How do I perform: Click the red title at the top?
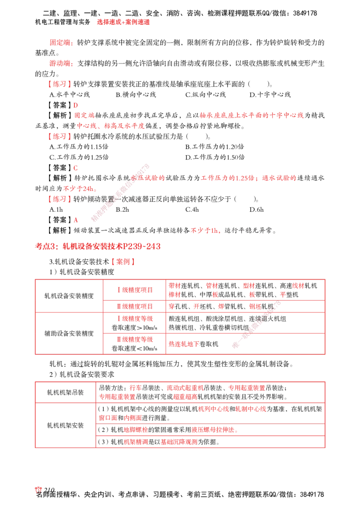click(x=123, y=22)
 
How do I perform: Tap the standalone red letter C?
click(x=76, y=168)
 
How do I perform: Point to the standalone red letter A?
click(x=76, y=220)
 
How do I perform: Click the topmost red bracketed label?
click(x=59, y=84)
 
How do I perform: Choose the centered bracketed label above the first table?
click(x=124, y=261)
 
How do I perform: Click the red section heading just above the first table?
click(x=98, y=247)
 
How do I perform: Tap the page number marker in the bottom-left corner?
click(x=39, y=490)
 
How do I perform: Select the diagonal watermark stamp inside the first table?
click(x=255, y=325)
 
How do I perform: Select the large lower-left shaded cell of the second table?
click(x=65, y=425)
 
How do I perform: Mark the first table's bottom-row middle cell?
click(x=135, y=344)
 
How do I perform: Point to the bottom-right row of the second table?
click(x=211, y=442)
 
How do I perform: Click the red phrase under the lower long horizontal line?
click(x=206, y=230)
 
